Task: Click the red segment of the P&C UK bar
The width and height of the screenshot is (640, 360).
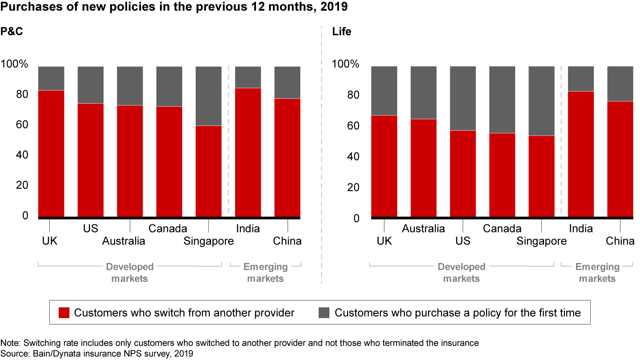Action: (51, 153)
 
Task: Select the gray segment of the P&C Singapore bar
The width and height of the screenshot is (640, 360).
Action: (208, 96)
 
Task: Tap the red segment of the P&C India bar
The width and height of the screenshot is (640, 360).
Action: (248, 152)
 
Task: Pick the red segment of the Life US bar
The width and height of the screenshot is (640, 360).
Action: (463, 173)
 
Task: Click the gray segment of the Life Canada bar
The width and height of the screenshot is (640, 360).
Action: (502, 100)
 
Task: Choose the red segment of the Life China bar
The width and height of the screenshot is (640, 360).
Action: (620, 159)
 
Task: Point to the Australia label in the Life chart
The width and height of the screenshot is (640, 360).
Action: (423, 228)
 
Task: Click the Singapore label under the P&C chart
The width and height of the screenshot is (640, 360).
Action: (208, 241)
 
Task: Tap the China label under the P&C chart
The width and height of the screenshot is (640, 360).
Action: (287, 241)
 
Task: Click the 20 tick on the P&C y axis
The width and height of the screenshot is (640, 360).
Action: (21, 185)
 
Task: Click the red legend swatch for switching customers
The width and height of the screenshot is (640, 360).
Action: (64, 313)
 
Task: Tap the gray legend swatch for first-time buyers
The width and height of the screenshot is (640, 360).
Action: (324, 313)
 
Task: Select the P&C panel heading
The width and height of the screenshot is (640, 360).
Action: (11, 32)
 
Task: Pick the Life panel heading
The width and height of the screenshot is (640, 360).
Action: (341, 32)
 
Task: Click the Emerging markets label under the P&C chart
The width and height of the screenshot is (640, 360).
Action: (265, 273)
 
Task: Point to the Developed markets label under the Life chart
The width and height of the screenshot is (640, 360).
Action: (461, 273)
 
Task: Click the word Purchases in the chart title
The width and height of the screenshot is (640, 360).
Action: (25, 8)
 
